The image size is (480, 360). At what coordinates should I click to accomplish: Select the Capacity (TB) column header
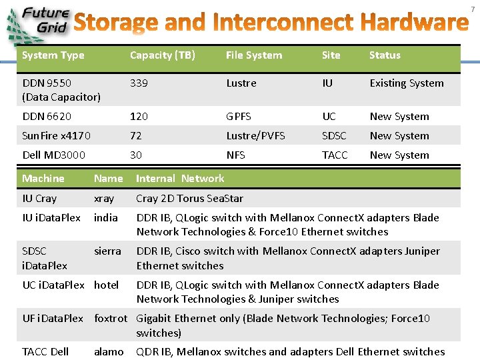pos(162,55)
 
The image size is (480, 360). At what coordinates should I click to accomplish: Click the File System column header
pos(253,55)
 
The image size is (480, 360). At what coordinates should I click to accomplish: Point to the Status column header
pos(385,55)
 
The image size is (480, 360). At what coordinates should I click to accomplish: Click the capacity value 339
pos(139,83)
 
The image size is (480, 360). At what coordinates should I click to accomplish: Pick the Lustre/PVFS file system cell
pos(255,135)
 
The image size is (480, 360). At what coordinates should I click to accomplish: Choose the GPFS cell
pos(239,116)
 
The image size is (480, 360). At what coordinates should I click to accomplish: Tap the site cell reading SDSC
pos(334,135)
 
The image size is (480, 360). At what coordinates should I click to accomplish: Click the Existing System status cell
pos(406,83)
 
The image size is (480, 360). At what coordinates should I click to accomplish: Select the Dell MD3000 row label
pos(53,155)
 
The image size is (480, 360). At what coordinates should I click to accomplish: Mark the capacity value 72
pos(136,135)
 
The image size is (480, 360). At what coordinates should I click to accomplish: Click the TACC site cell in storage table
pos(335,155)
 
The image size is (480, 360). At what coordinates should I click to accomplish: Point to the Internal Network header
pos(180,178)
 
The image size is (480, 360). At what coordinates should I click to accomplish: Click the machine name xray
pos(104,198)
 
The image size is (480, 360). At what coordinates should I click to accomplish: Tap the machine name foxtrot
pos(110,318)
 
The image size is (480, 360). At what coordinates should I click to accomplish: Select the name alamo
pos(109,351)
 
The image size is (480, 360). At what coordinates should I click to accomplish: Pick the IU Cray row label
pos(39,198)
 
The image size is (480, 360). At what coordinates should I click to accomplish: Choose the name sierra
pos(107,251)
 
